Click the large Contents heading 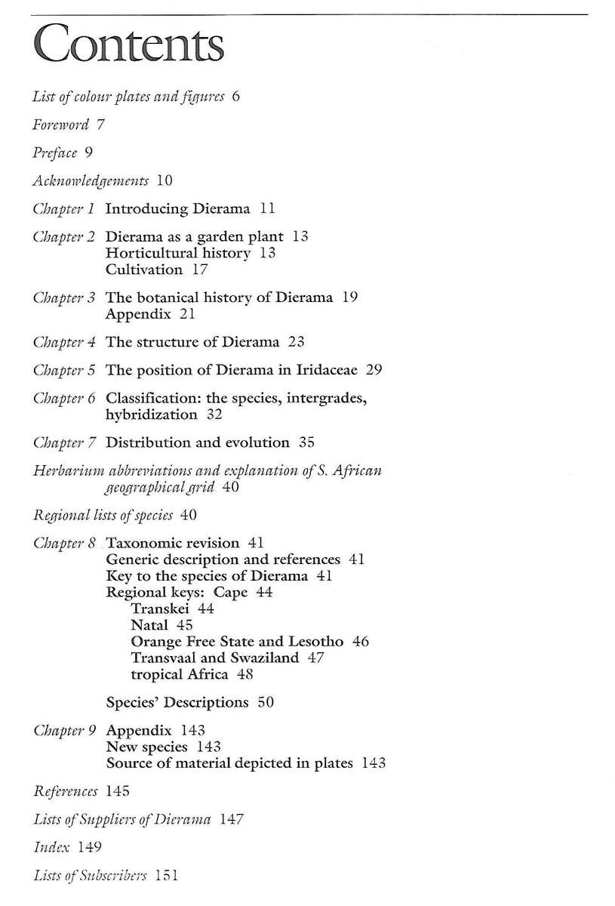pos(128,48)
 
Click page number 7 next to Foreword pos(100,125)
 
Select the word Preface pos(55,153)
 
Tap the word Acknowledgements pos(91,180)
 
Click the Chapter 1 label pos(63,208)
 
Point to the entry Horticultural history pos(178,253)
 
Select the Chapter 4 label pos(64,342)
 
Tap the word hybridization pos(151,414)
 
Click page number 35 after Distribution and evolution pos(306,442)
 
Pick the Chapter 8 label pos(64,543)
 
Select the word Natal pos(151,625)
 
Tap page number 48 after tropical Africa pos(244,675)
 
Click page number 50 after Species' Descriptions pos(265,703)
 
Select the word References pos(66,791)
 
